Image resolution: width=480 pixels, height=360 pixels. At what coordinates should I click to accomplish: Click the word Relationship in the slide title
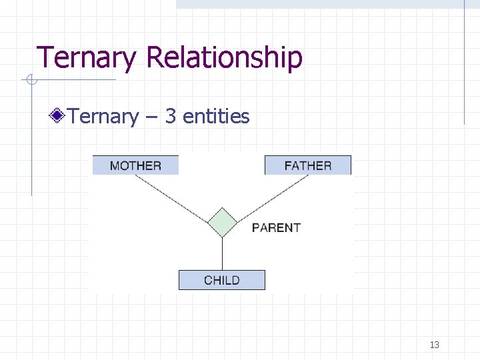pyautogui.click(x=224, y=57)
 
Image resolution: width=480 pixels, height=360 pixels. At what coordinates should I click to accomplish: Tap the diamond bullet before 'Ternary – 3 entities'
pyautogui.click(x=59, y=117)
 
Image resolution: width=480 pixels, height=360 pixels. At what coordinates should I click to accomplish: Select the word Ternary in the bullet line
pyautogui.click(x=103, y=117)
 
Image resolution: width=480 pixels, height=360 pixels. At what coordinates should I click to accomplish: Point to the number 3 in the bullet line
pyautogui.click(x=170, y=117)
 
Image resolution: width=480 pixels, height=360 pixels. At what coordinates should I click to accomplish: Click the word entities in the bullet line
pyautogui.click(x=216, y=117)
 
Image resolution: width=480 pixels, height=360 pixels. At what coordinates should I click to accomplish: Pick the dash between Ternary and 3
pyautogui.click(x=151, y=117)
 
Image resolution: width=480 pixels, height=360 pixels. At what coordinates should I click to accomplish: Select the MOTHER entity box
pyautogui.click(x=135, y=165)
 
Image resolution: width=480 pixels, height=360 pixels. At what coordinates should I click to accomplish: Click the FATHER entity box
pyautogui.click(x=307, y=165)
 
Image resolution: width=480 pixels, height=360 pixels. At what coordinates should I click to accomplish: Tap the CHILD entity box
pyautogui.click(x=221, y=280)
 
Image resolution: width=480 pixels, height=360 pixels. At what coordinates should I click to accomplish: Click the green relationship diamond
pyautogui.click(x=221, y=223)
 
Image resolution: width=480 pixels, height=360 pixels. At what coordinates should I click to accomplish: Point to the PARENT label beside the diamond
pyautogui.click(x=276, y=228)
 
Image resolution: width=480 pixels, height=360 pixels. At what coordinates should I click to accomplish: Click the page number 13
pyautogui.click(x=435, y=345)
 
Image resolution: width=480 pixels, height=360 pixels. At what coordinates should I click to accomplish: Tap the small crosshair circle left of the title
pyautogui.click(x=30, y=81)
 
